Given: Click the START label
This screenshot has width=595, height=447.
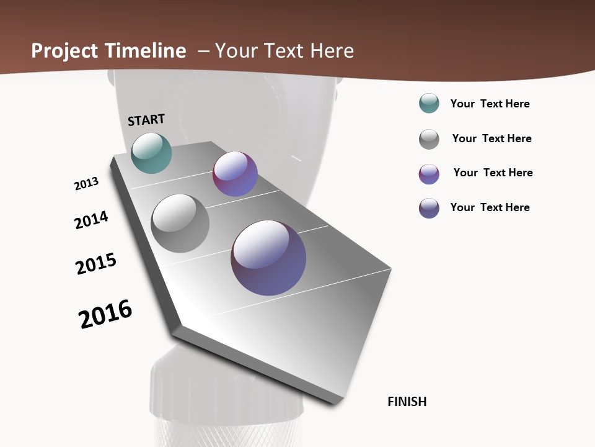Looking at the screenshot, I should [146, 120].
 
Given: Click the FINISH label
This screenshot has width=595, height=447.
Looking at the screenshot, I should [407, 402].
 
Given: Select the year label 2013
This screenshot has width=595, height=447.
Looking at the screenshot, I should [87, 184].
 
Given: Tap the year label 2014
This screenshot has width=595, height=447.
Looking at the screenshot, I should [92, 220].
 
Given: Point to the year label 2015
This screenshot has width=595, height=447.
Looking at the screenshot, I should [96, 264].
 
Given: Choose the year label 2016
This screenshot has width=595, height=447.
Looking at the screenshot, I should [105, 314].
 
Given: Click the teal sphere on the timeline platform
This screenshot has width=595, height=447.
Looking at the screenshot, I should [152, 153].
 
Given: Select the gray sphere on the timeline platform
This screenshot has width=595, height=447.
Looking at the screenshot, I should [180, 223].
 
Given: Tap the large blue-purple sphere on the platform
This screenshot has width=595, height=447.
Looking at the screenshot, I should [268, 258].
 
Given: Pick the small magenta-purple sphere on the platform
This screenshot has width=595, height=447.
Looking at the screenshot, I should [235, 174].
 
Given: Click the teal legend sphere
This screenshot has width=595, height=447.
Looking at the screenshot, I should [429, 104].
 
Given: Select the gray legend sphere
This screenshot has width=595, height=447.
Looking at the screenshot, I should [429, 139].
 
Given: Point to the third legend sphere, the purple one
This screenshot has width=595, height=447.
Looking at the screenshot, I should [429, 174].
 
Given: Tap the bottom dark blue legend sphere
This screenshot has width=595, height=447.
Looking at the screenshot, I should [429, 208].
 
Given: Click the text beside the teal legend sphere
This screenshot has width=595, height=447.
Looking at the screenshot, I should [490, 104].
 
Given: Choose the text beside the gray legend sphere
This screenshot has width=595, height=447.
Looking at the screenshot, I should [492, 138].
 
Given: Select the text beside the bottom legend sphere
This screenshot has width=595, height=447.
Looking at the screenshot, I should [490, 207].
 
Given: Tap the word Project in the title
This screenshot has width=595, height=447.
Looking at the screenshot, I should [64, 52].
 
